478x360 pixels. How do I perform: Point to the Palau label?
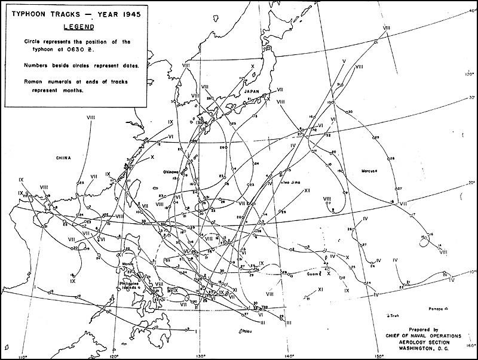(x=247, y=331)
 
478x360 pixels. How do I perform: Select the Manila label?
(x=127, y=263)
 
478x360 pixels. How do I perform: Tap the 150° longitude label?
(x=377, y=356)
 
